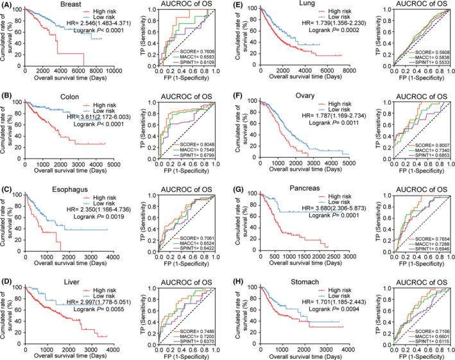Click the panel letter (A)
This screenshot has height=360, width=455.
click(8, 5)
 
